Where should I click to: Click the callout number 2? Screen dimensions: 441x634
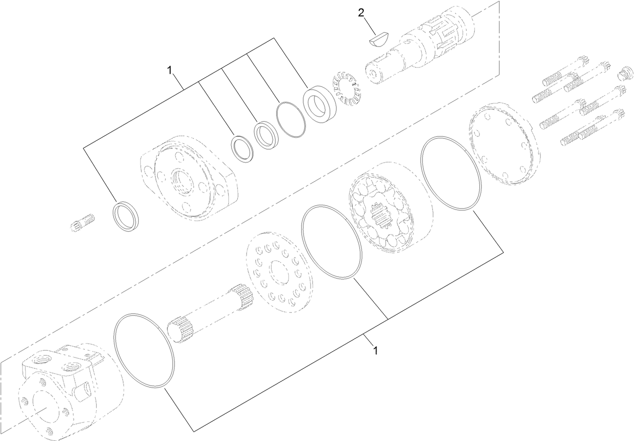pos(361,13)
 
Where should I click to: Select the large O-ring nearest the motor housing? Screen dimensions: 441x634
pos(144,351)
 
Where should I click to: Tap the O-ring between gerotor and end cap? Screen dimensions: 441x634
pos(451,173)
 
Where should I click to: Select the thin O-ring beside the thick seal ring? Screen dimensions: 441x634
pos(291,119)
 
